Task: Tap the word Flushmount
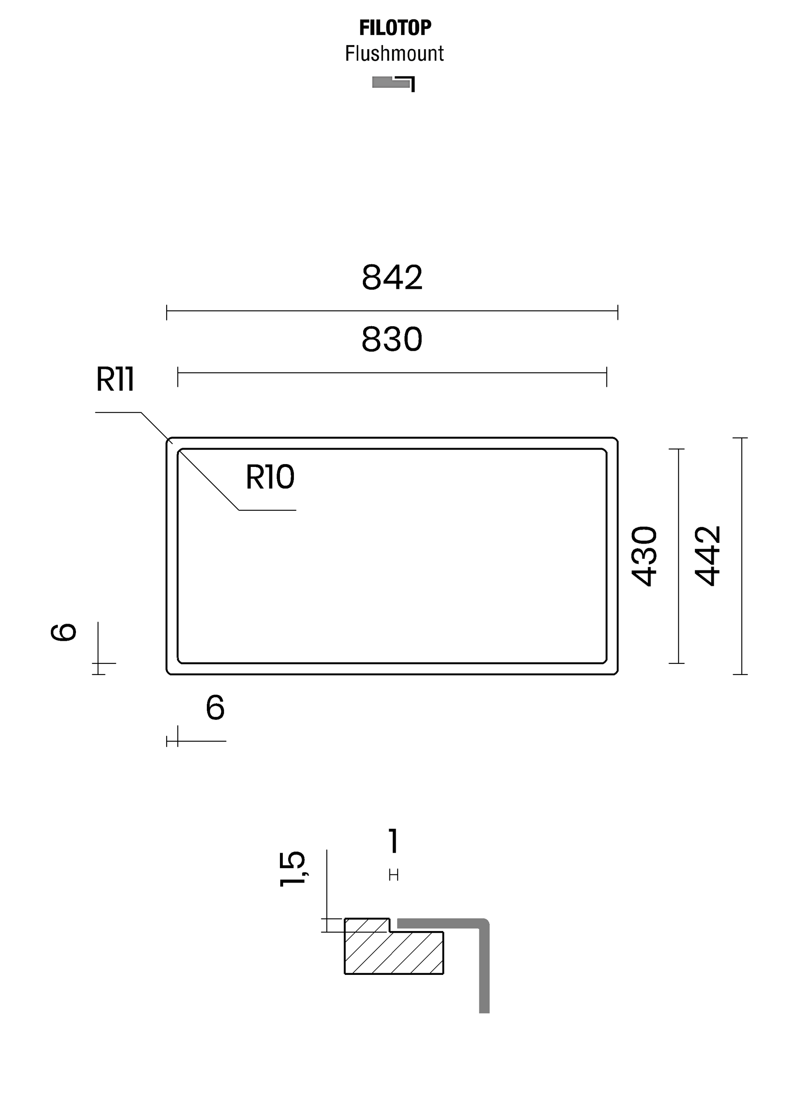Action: pos(394,53)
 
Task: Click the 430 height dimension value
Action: pos(644,556)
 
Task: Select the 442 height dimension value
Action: pos(708,556)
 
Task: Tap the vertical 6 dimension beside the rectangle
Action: pos(64,632)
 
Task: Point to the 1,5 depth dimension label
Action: pos(292,869)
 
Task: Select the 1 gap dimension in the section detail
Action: pos(394,841)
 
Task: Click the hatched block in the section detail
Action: pos(394,946)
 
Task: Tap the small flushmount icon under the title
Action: pos(394,83)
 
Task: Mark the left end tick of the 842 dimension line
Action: pos(167,313)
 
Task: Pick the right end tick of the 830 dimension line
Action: pos(607,377)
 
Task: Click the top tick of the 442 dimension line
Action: pos(740,438)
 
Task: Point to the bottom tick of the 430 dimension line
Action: pos(677,663)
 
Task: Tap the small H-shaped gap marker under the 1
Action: pos(394,875)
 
